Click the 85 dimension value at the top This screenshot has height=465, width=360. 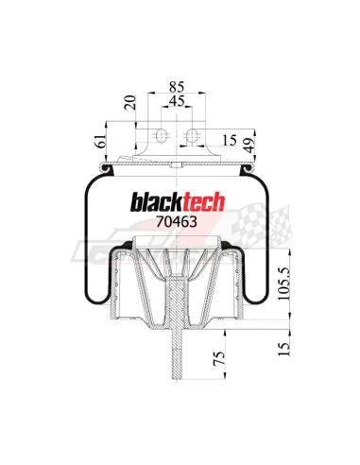(177, 86)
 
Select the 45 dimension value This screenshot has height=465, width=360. (177, 101)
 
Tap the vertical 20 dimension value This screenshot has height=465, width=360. (129, 102)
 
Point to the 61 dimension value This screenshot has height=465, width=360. (99, 142)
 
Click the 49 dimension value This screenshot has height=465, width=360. (249, 146)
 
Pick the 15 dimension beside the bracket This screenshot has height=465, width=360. (230, 141)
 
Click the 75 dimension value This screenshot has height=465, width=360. (220, 358)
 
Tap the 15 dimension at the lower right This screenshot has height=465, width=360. (283, 349)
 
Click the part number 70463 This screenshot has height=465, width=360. (177, 222)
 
